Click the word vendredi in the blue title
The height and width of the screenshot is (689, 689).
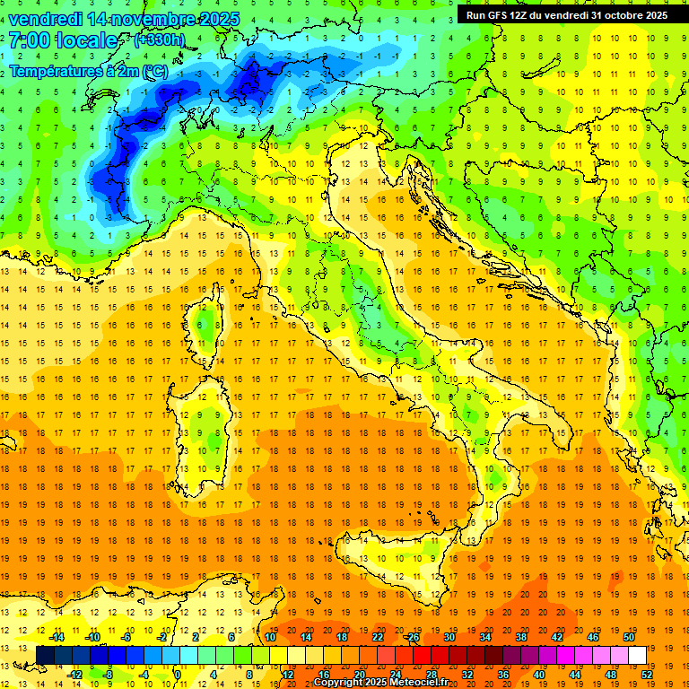[48, 19]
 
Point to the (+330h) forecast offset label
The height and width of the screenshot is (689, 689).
[160, 40]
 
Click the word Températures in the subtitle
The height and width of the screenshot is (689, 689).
[57, 70]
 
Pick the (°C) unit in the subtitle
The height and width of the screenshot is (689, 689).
[153, 70]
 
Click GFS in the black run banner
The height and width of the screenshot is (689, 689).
[500, 15]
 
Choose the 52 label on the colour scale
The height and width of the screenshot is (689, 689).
[646, 675]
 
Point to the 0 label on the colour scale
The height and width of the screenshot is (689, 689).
[178, 675]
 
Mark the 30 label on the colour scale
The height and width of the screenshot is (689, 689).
[449, 637]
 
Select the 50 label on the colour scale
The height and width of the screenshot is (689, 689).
[629, 637]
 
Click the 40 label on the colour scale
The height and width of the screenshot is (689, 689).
[538, 675]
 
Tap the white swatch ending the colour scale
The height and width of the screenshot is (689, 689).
[637, 655]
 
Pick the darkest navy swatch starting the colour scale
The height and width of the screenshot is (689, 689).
[46, 655]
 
